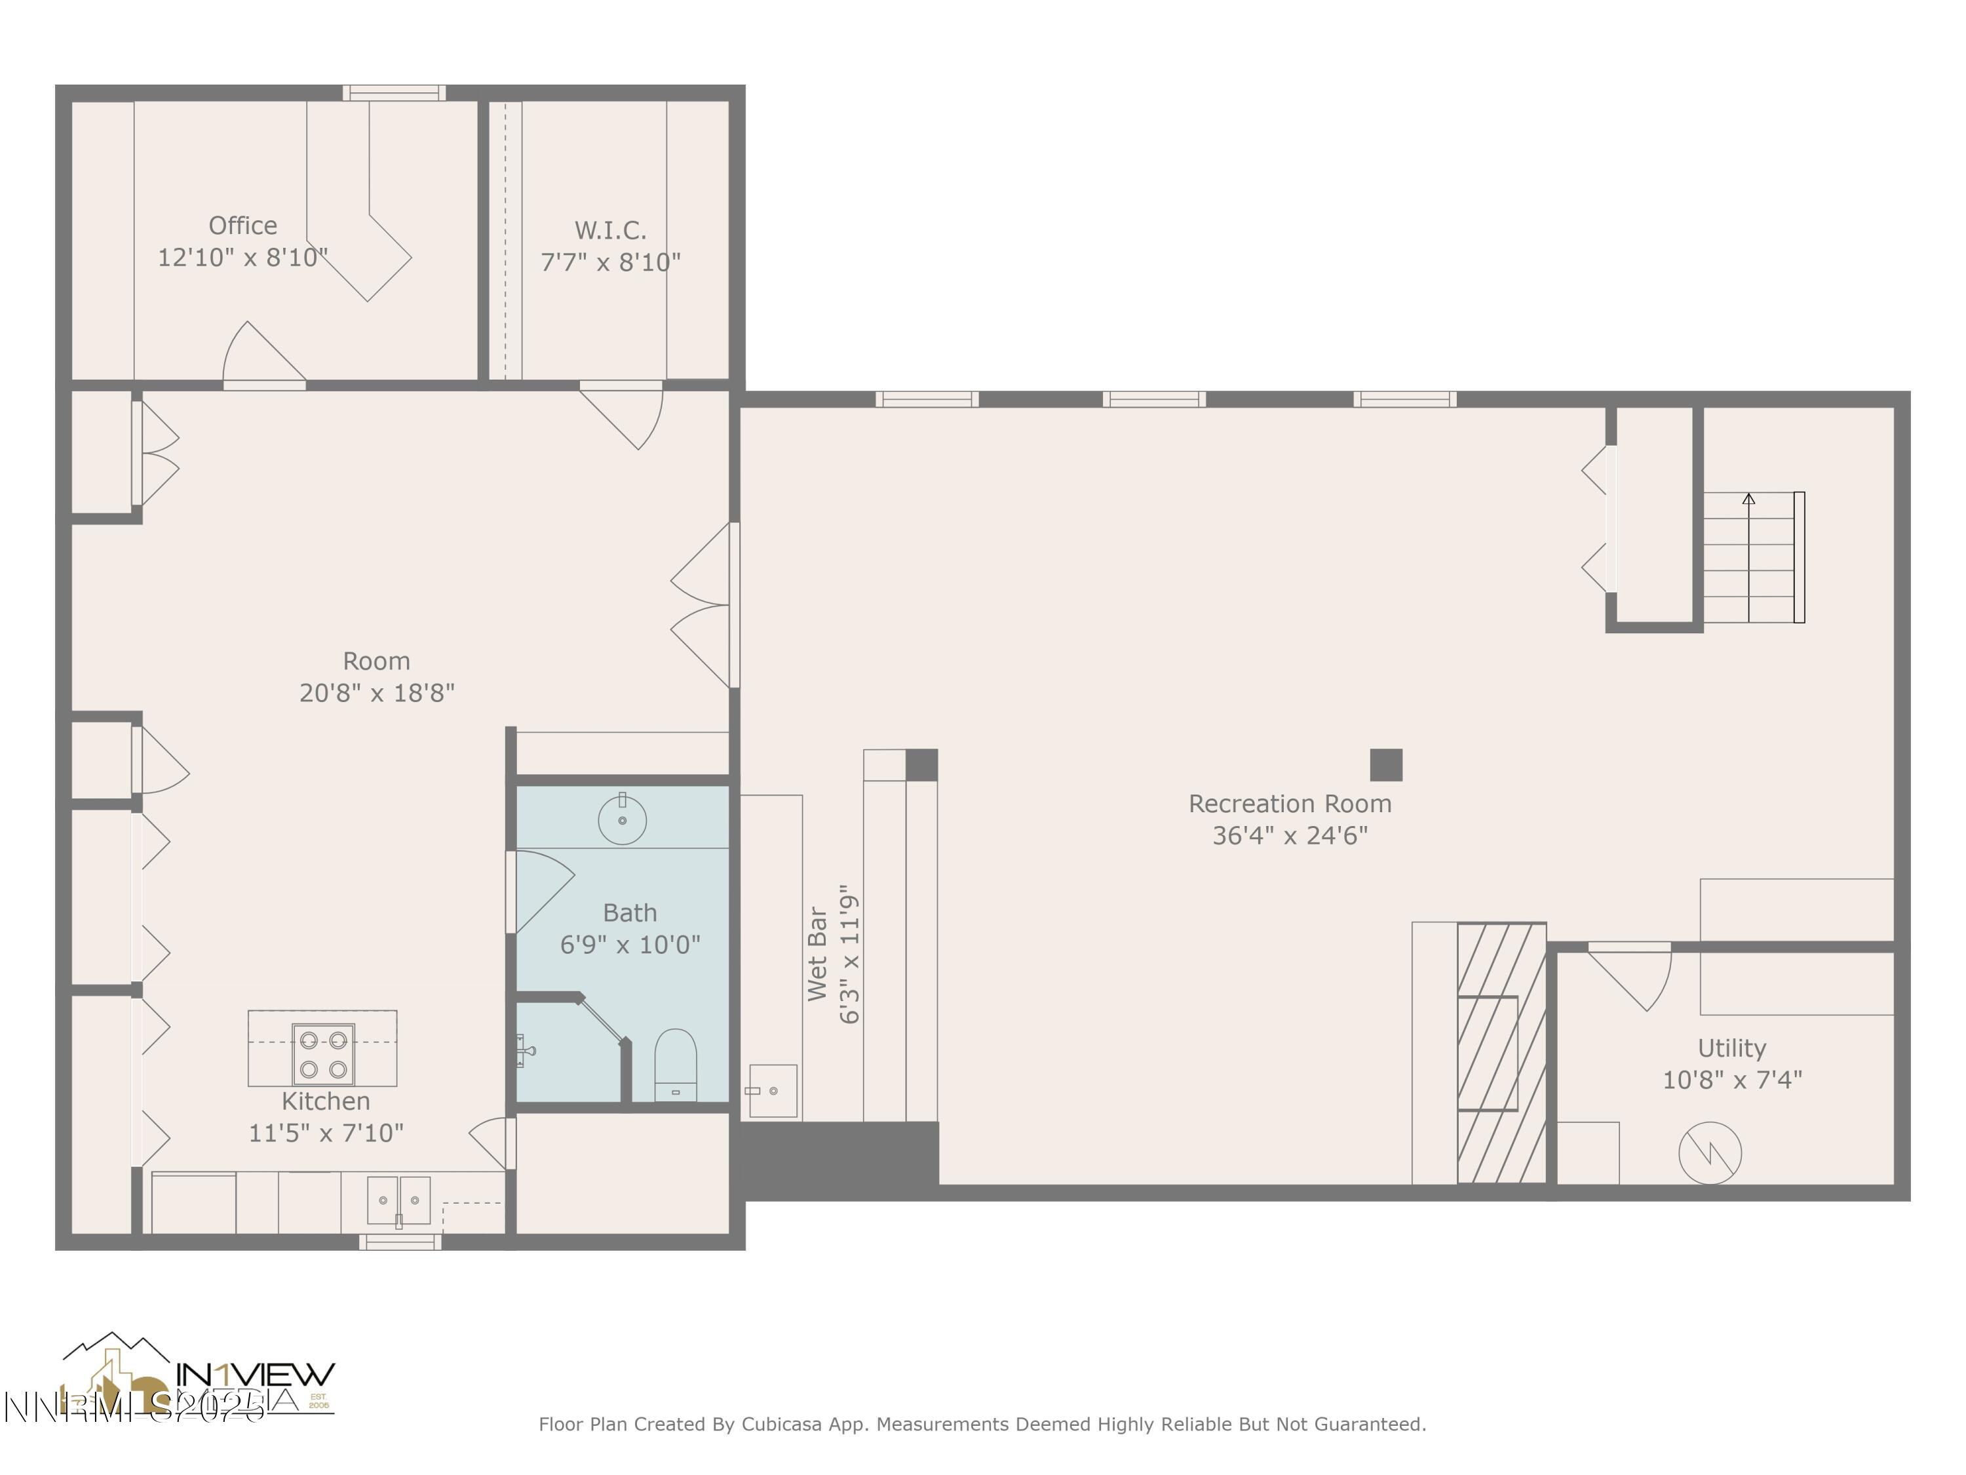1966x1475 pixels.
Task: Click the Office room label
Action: click(242, 226)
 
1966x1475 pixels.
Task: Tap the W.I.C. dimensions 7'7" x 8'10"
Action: click(611, 262)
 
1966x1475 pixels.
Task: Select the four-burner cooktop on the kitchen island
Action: click(322, 1053)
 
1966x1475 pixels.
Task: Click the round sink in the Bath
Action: click(622, 819)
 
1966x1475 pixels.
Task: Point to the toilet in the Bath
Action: click(676, 1065)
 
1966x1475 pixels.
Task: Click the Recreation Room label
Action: click(1290, 804)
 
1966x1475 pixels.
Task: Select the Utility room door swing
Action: click(1635, 976)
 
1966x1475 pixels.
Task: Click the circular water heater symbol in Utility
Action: click(1709, 1153)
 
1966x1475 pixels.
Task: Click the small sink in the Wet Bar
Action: click(773, 1091)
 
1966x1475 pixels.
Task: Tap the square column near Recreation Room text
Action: click(1385, 764)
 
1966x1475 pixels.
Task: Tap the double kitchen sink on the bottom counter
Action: click(399, 1200)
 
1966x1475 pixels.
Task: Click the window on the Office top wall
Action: click(394, 92)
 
